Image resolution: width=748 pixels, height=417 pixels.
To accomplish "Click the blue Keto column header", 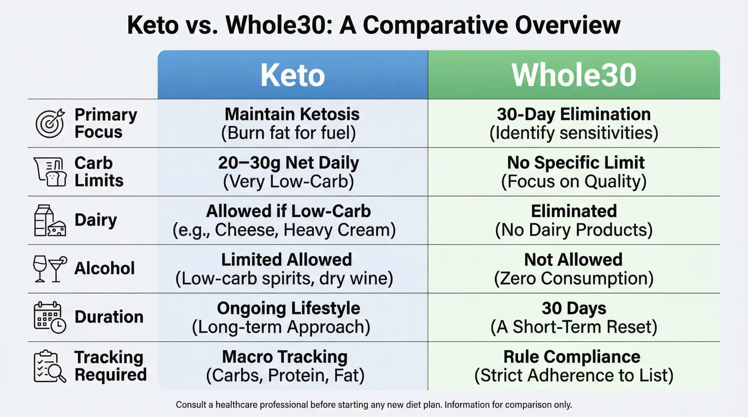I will tap(292, 75).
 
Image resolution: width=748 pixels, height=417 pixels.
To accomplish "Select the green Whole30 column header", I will tap(574, 75).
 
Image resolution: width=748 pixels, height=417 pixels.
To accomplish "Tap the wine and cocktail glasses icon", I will tap(50, 269).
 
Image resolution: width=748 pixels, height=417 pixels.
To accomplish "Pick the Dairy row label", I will tap(96, 220).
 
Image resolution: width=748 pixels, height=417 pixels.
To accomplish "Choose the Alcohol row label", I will tap(105, 268).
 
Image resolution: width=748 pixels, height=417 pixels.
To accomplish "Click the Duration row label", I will tap(109, 317).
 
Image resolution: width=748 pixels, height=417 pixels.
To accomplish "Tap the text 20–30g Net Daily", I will tap(288, 163).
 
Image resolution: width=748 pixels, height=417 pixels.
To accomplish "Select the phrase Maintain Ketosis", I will tap(292, 114).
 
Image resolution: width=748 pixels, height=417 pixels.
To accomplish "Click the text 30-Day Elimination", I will tap(574, 114).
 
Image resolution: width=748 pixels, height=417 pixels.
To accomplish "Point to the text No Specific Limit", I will tap(576, 163).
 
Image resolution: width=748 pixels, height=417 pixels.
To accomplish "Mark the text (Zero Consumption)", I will tap(574, 278).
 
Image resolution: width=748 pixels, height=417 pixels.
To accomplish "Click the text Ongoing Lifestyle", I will tap(288, 308).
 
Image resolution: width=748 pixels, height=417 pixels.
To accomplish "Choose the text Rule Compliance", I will tap(572, 357).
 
